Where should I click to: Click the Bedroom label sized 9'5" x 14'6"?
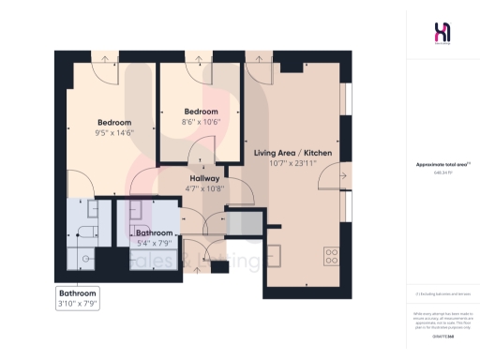115,123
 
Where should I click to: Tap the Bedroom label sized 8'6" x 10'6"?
200,111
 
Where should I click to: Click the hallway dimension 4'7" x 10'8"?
204,188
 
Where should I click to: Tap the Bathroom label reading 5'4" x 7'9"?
155,232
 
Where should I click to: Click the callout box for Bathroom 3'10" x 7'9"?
78,298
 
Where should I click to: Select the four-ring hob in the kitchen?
332,252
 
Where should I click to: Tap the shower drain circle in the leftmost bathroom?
85,257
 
